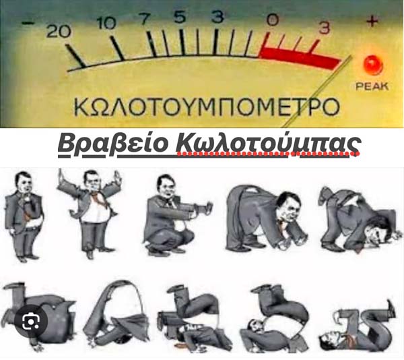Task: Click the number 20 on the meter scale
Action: tap(59, 32)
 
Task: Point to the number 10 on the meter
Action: tap(106, 24)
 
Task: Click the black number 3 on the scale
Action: tap(217, 16)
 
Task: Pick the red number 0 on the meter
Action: tap(273, 20)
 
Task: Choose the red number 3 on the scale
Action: tap(324, 27)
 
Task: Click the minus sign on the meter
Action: tap(28, 23)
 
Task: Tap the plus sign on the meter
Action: tap(372, 21)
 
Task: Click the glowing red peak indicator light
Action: tap(373, 65)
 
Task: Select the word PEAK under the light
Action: tap(372, 86)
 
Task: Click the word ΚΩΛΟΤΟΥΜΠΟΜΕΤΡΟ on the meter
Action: tap(207, 107)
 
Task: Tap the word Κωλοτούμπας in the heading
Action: tap(267, 144)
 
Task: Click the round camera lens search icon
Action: tap(31, 322)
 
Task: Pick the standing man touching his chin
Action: tap(24, 216)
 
